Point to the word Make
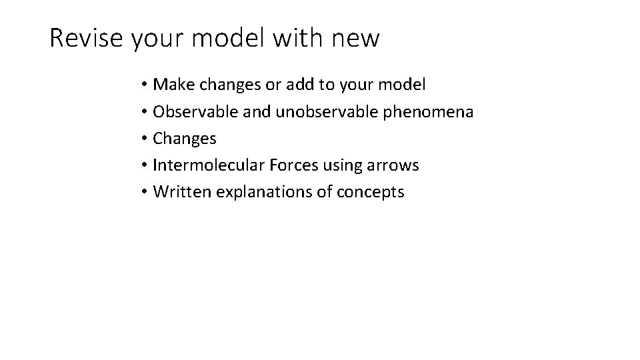tap(171, 85)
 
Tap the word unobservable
tap(326, 111)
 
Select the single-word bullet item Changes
tap(185, 139)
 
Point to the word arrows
tap(393, 165)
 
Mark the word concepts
tap(371, 192)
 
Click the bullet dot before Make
tap(144, 85)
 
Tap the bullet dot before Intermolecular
tap(144, 165)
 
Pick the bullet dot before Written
tap(144, 192)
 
